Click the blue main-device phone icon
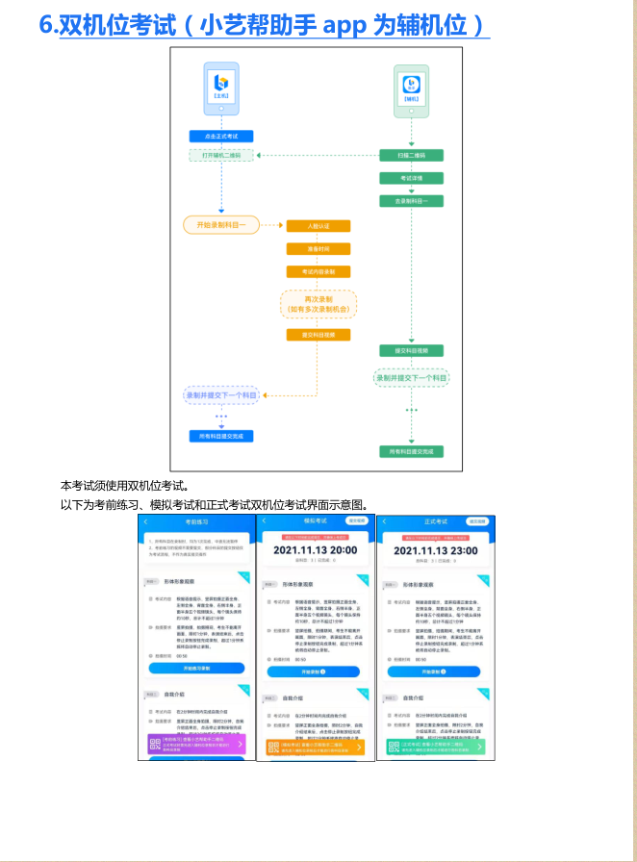[221, 87]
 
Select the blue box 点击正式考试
[220, 137]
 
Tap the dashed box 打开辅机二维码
[220, 155]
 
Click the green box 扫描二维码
[411, 155]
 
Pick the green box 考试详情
[411, 178]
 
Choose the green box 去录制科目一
[411, 201]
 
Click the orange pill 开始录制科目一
[221, 225]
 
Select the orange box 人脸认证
[318, 226]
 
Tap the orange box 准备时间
[318, 249]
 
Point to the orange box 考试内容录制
[318, 272]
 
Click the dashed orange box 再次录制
[318, 305]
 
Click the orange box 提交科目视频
[318, 335]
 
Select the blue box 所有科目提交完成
[220, 436]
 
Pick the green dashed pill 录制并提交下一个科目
[411, 378]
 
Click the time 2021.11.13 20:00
[315, 549]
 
